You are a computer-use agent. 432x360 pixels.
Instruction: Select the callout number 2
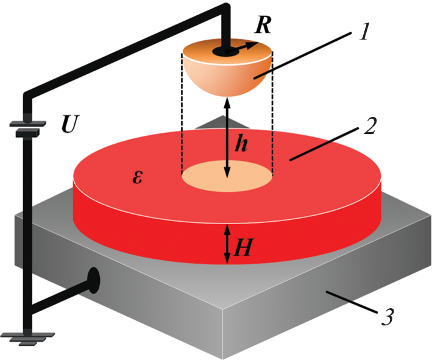pos(367,126)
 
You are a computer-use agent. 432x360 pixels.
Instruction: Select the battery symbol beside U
pos(27,128)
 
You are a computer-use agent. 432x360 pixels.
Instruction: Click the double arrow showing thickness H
pos(227,244)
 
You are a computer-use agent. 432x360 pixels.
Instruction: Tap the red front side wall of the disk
pos(152,225)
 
